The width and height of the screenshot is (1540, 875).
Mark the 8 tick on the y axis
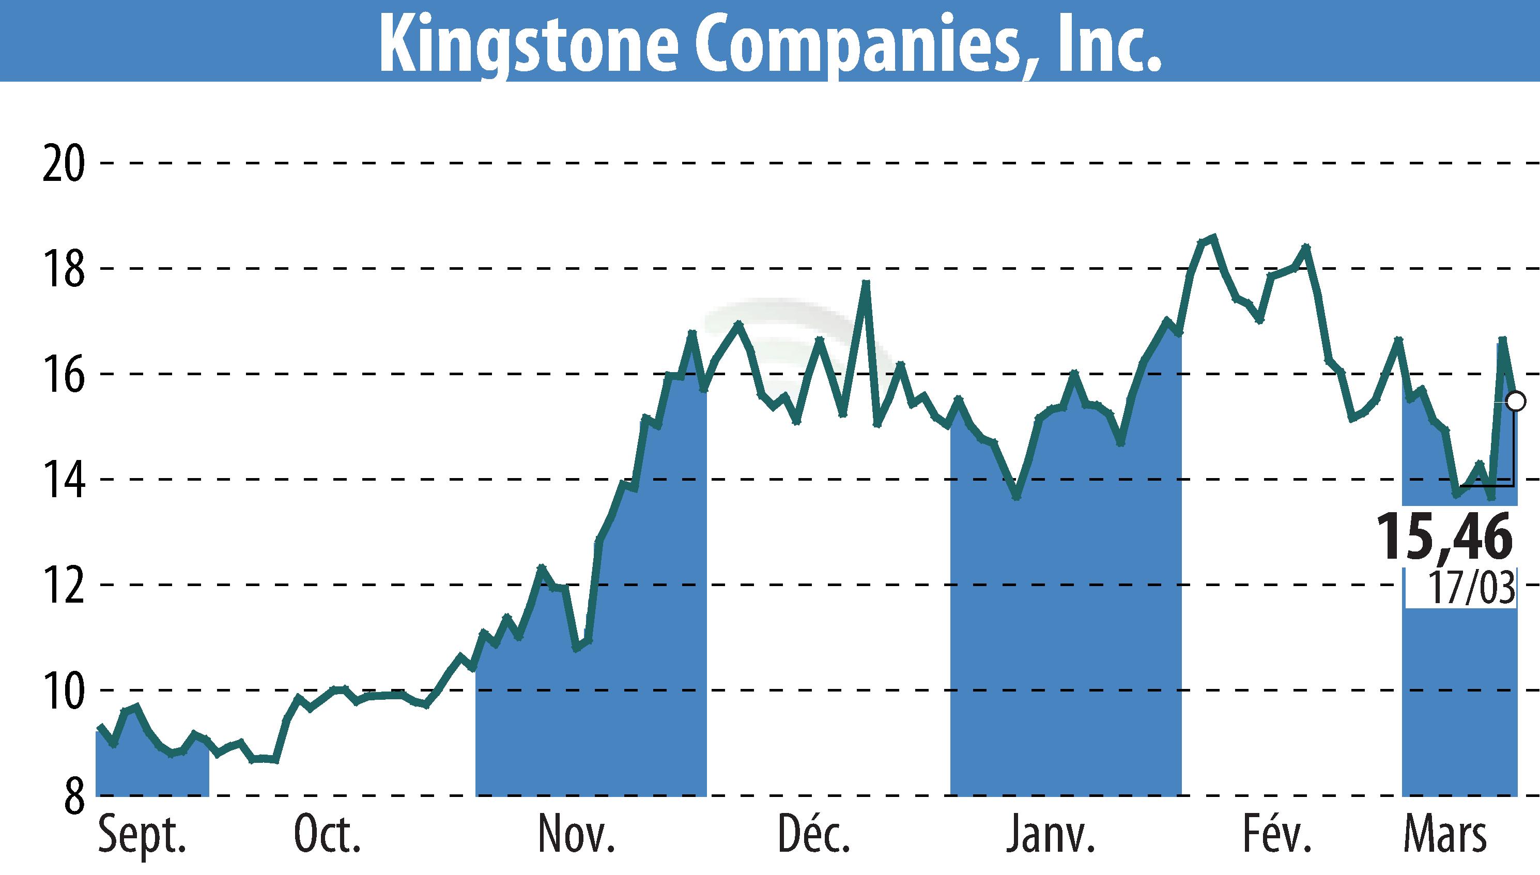(x=73, y=796)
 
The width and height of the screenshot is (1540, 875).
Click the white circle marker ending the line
(x=1517, y=400)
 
